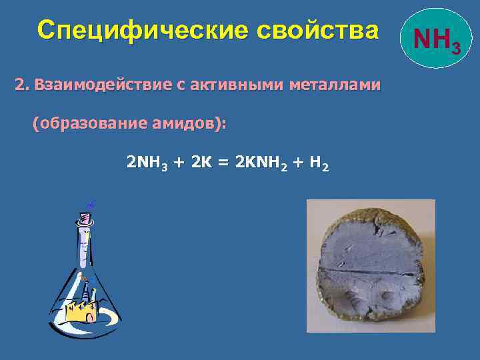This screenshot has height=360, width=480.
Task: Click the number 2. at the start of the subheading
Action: [22, 85]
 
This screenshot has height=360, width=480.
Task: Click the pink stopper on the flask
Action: [85, 218]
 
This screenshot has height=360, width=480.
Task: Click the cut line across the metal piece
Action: [370, 273]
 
